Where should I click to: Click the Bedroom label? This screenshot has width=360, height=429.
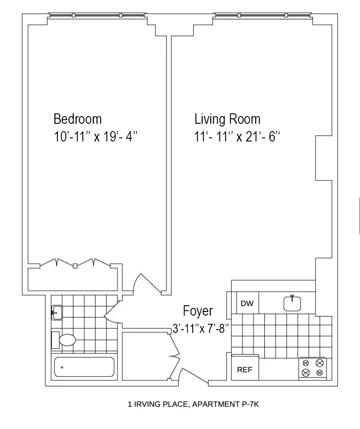(78, 119)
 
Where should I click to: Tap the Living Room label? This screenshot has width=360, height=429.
(227, 119)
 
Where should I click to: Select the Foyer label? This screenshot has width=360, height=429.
(198, 311)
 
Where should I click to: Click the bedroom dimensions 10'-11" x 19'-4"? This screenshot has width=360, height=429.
(96, 137)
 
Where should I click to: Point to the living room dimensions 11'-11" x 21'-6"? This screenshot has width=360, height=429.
(237, 137)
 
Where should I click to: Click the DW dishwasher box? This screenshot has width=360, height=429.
(247, 303)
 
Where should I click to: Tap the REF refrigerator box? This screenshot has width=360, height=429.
(245, 370)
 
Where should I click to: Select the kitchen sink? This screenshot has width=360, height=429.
(292, 303)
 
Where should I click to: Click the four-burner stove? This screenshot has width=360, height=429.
(313, 368)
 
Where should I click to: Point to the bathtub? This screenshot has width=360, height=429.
(84, 367)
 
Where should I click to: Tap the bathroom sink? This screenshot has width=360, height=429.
(57, 312)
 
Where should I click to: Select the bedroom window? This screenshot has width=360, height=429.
(97, 16)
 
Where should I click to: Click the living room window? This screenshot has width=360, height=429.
(263, 16)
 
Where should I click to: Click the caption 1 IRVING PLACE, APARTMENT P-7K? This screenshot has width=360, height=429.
(193, 404)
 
